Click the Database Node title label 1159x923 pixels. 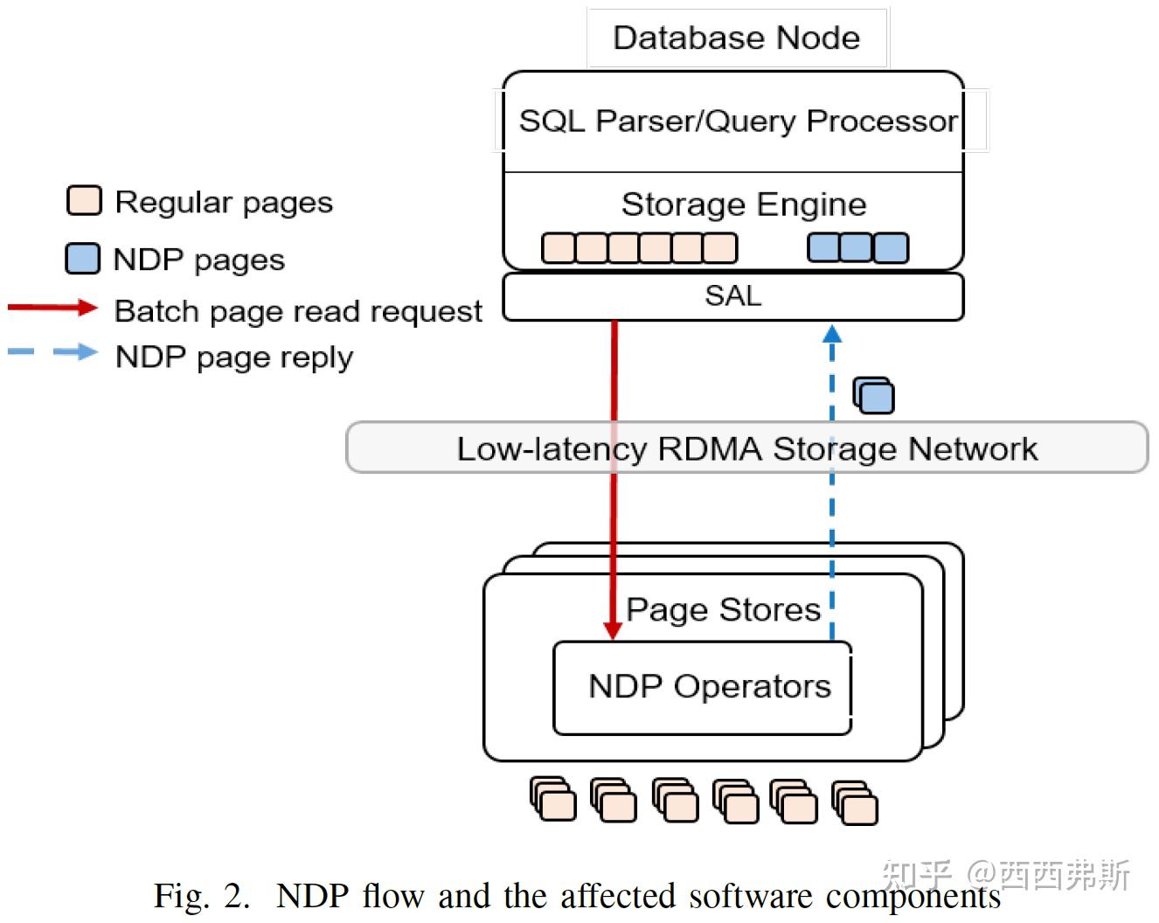tap(736, 38)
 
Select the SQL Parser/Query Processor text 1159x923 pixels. tap(738, 121)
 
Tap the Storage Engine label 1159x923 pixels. tap(743, 205)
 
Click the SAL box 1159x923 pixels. tap(732, 296)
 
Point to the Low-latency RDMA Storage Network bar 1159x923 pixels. tap(746, 448)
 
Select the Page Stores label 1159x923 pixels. tap(723, 609)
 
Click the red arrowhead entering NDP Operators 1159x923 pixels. tap(614, 630)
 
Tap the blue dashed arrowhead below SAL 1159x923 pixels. tap(832, 334)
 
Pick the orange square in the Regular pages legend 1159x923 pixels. tap(84, 201)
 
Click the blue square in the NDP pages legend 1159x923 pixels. tap(83, 259)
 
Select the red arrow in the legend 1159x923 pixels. tap(52, 308)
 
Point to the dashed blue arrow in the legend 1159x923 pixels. tap(52, 352)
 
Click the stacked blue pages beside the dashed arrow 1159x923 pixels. tap(873, 396)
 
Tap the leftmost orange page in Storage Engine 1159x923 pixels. tap(558, 248)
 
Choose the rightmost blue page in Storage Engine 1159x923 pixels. tap(891, 247)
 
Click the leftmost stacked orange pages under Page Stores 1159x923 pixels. tap(553, 800)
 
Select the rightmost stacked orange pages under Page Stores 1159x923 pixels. tap(855, 803)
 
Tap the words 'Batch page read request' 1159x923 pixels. tap(298, 311)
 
